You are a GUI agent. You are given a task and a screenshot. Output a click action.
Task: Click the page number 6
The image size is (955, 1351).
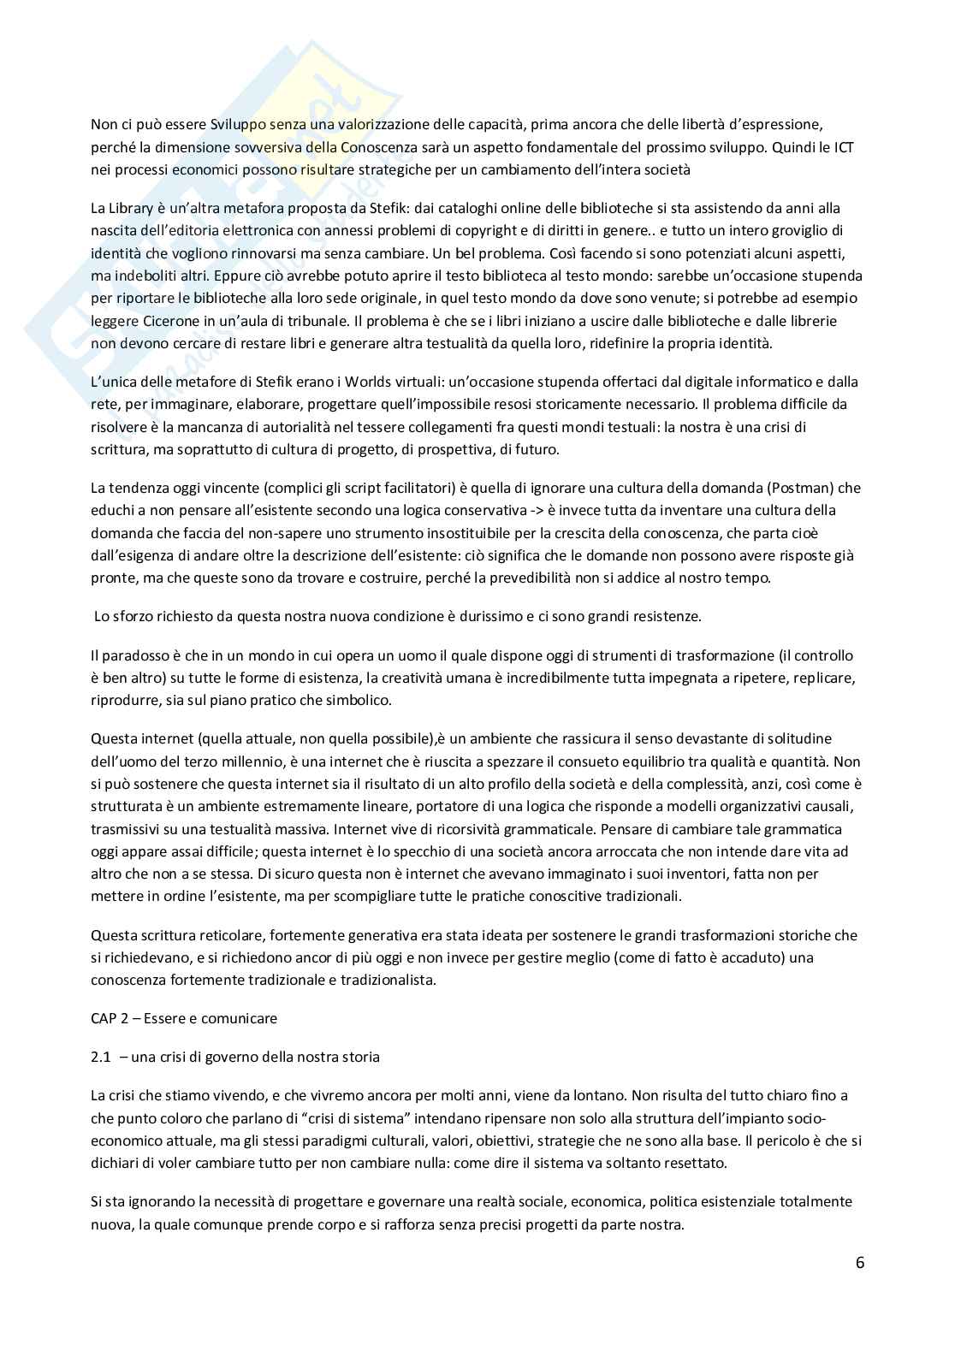(x=859, y=1263)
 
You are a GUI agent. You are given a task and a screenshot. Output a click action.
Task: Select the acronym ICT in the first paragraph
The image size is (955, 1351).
(x=844, y=147)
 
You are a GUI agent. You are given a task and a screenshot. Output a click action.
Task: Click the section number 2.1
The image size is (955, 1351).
(x=101, y=1057)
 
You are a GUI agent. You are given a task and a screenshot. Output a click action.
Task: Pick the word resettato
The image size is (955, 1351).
(x=696, y=1163)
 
